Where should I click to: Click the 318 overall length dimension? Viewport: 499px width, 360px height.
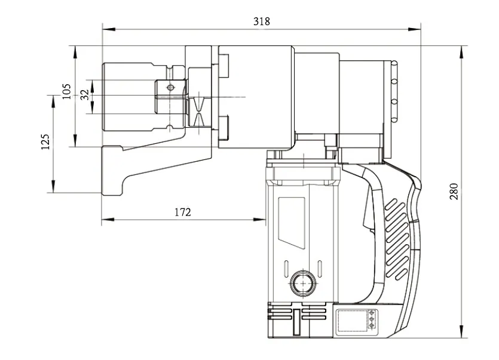[x=261, y=21]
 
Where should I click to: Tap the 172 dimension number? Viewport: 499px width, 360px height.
[x=183, y=212]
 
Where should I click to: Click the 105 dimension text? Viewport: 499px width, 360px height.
[x=66, y=91]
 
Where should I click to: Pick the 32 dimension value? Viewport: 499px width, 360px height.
[x=84, y=94]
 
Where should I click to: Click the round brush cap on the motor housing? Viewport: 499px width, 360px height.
[x=302, y=280]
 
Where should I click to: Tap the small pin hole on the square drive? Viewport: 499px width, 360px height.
[x=171, y=88]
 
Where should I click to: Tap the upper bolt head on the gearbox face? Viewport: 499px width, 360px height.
[x=224, y=66]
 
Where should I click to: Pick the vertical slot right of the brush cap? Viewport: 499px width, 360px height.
[x=320, y=269]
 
